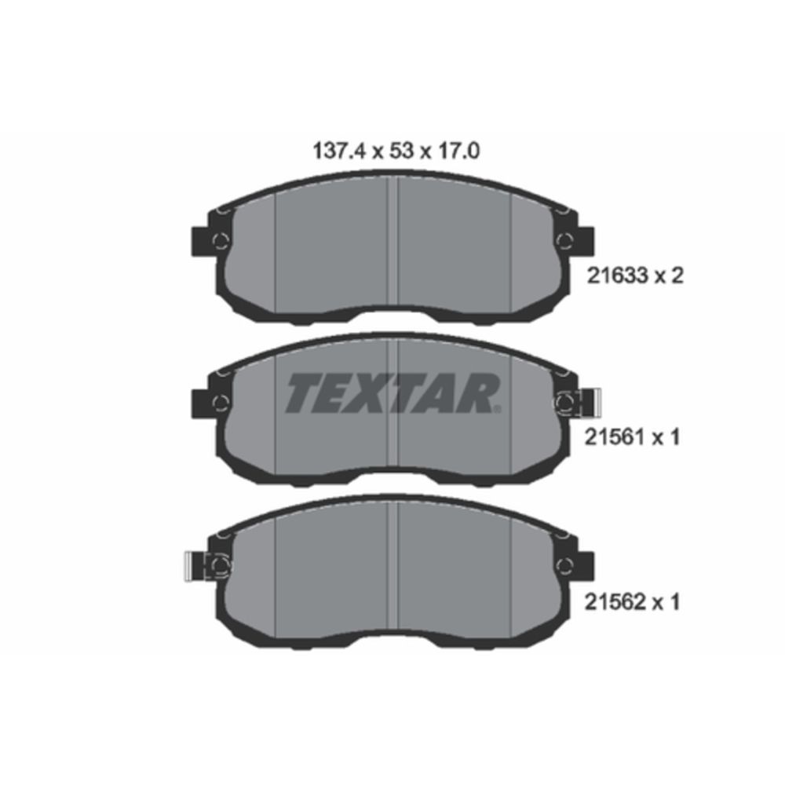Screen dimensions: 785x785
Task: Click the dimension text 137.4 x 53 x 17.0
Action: tap(396, 151)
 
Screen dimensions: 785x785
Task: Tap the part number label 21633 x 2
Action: tap(635, 276)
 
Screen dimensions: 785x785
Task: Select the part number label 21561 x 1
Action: tap(633, 438)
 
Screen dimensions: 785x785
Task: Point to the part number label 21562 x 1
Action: tap(633, 602)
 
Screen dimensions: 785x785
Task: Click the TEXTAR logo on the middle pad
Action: tap(393, 393)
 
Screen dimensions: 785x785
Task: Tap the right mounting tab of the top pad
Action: tap(586, 241)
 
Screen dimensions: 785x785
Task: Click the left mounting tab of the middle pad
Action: tap(200, 403)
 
